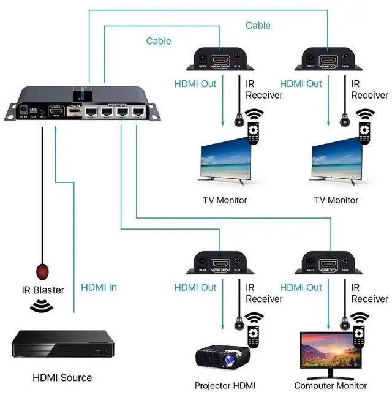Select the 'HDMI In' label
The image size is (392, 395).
pos(99,287)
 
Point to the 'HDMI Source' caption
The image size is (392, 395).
pos(62,377)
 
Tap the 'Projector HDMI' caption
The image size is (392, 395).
pos(225,385)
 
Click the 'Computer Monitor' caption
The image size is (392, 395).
pos(331,385)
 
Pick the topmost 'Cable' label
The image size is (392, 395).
pos(258,25)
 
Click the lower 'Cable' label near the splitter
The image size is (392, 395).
pos(158,41)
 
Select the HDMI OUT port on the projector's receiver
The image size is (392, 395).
pos(221,265)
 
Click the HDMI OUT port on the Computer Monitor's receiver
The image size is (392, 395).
pos(328,265)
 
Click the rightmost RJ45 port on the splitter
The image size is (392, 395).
pos(139,112)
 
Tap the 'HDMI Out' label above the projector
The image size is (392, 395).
pos(195,287)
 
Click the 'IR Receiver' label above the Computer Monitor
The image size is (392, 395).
pos(369,293)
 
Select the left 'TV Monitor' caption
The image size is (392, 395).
pos(224,200)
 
